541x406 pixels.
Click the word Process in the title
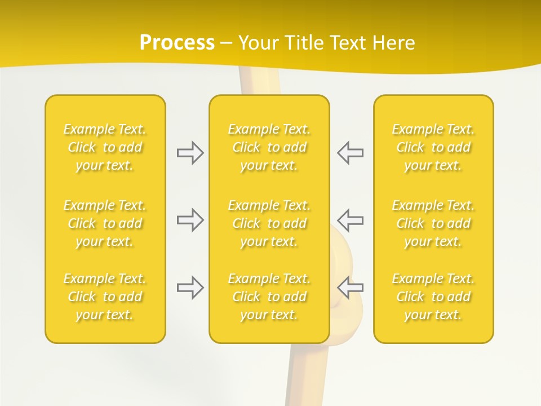point(177,43)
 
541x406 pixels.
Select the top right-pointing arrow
point(190,153)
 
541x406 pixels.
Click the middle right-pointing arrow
point(190,220)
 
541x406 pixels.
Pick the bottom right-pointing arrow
point(190,288)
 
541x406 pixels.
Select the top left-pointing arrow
point(350,153)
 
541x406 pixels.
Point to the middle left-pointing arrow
point(350,220)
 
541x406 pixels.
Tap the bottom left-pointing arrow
point(350,288)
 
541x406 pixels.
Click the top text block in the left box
point(105,147)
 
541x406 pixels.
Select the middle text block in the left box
point(105,223)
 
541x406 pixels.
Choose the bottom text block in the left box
point(105,297)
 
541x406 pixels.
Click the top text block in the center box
point(269,147)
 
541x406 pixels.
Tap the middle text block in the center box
point(269,223)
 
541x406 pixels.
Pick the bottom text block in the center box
point(269,297)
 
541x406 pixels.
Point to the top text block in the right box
point(433,147)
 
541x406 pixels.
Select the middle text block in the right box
point(433,223)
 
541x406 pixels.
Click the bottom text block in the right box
point(433,297)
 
